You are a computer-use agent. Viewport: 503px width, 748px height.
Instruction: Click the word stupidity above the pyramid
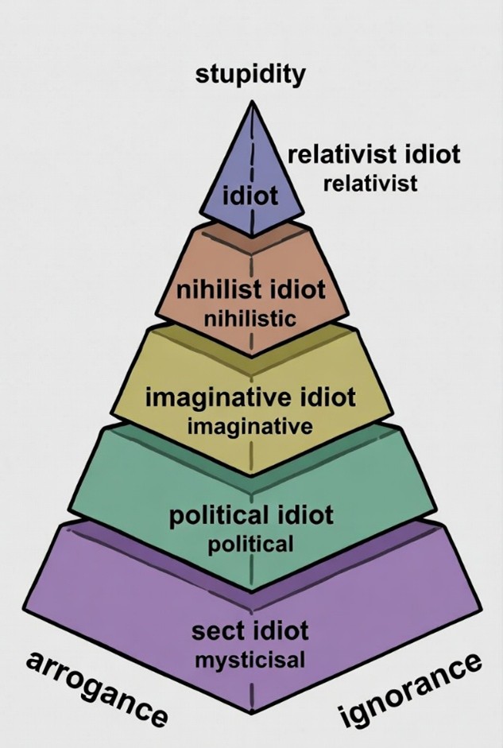(x=250, y=76)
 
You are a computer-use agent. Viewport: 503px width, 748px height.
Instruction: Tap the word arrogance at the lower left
(x=96, y=688)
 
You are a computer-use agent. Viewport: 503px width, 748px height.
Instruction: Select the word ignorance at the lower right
(x=411, y=689)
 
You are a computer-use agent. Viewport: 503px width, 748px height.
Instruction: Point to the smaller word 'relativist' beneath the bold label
(x=370, y=184)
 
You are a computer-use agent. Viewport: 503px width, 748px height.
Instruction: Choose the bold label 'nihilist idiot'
(x=251, y=289)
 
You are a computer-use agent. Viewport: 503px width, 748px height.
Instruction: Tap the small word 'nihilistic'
(x=250, y=319)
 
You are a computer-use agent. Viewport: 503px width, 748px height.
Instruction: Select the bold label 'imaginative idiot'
(x=250, y=397)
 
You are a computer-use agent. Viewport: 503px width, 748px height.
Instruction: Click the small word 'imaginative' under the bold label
(x=250, y=426)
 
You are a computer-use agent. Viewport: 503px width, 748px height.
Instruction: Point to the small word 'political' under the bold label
(x=251, y=545)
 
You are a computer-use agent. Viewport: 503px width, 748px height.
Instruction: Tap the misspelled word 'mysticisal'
(x=251, y=660)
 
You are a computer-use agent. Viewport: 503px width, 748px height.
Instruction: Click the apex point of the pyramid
(x=252, y=102)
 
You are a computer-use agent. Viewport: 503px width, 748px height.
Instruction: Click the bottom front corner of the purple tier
(x=251, y=712)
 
